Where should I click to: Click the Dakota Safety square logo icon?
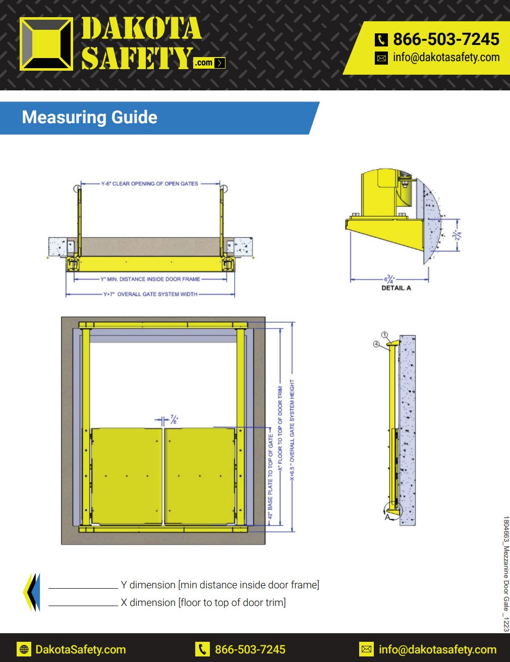(x=46, y=43)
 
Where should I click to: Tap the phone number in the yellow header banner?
(x=446, y=39)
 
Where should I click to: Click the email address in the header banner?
(x=446, y=58)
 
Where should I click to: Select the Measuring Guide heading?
(x=90, y=117)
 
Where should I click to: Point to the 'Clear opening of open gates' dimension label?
(x=150, y=184)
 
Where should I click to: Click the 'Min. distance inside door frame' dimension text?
(x=150, y=279)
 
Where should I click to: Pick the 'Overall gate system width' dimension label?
(x=150, y=294)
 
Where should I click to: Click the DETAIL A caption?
(x=396, y=288)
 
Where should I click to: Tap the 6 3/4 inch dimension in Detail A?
(x=389, y=279)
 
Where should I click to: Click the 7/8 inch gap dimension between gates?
(x=174, y=419)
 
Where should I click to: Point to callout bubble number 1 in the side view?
(x=384, y=335)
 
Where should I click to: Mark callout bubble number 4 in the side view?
(x=376, y=344)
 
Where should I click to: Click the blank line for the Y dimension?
(x=83, y=588)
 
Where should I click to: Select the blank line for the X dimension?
(x=83, y=605)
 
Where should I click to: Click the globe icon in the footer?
(x=24, y=649)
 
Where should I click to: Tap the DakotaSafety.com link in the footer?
(x=81, y=649)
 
